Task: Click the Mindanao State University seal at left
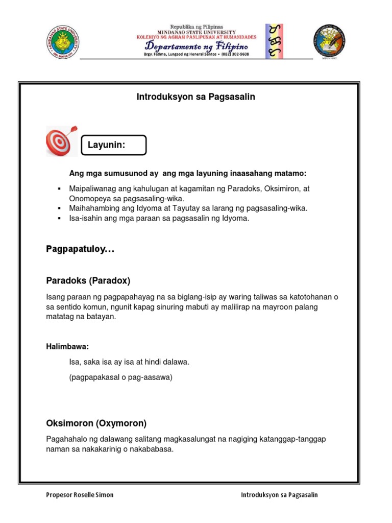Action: tap(62, 41)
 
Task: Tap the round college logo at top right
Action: tap(329, 41)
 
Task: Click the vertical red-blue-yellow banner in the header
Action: tap(274, 41)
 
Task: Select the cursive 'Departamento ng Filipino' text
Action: tap(197, 46)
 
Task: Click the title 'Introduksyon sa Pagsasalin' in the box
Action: tap(195, 97)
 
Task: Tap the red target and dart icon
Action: tap(62, 141)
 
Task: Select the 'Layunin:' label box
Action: tap(114, 145)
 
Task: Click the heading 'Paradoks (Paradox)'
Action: tap(88, 280)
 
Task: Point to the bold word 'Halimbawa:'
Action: tap(67, 347)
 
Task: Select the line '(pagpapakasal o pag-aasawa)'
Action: tap(121, 377)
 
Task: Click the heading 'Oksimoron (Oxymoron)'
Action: tap(96, 423)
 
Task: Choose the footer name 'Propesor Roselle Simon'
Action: tap(80, 495)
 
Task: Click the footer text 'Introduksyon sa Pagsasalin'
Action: tap(279, 495)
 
